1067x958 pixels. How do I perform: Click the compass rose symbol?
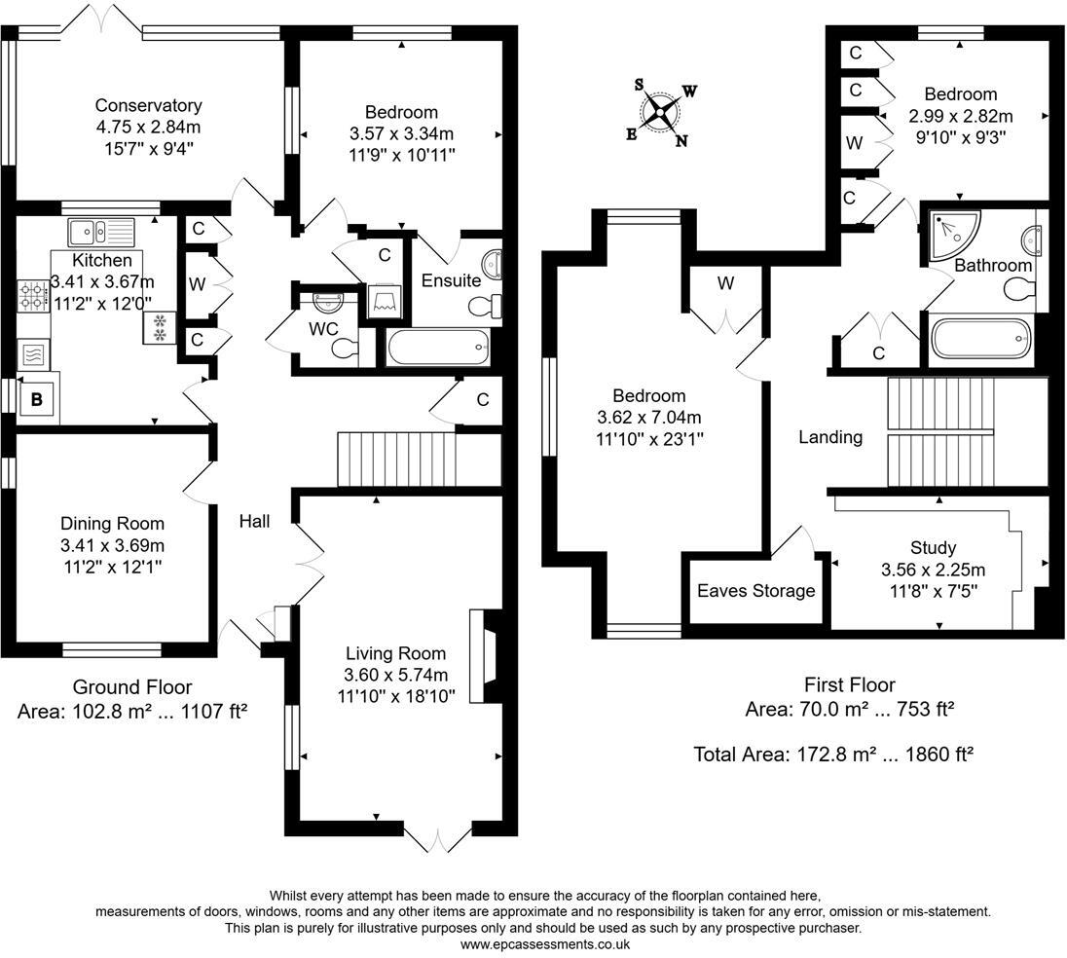click(661, 113)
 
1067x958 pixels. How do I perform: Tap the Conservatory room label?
click(148, 106)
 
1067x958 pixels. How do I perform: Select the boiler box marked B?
click(37, 398)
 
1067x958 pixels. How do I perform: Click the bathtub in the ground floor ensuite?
click(438, 347)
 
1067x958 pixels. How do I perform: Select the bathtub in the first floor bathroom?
click(978, 340)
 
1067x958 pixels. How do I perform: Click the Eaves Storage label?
click(756, 591)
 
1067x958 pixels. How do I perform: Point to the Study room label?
click(933, 548)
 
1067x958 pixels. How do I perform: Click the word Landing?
click(830, 437)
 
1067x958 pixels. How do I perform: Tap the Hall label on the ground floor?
click(254, 522)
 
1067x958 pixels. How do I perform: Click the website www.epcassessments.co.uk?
click(544, 943)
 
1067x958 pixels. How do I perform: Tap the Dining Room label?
click(112, 524)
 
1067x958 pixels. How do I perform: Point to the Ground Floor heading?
click(132, 687)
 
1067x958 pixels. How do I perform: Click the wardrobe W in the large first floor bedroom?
click(725, 284)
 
